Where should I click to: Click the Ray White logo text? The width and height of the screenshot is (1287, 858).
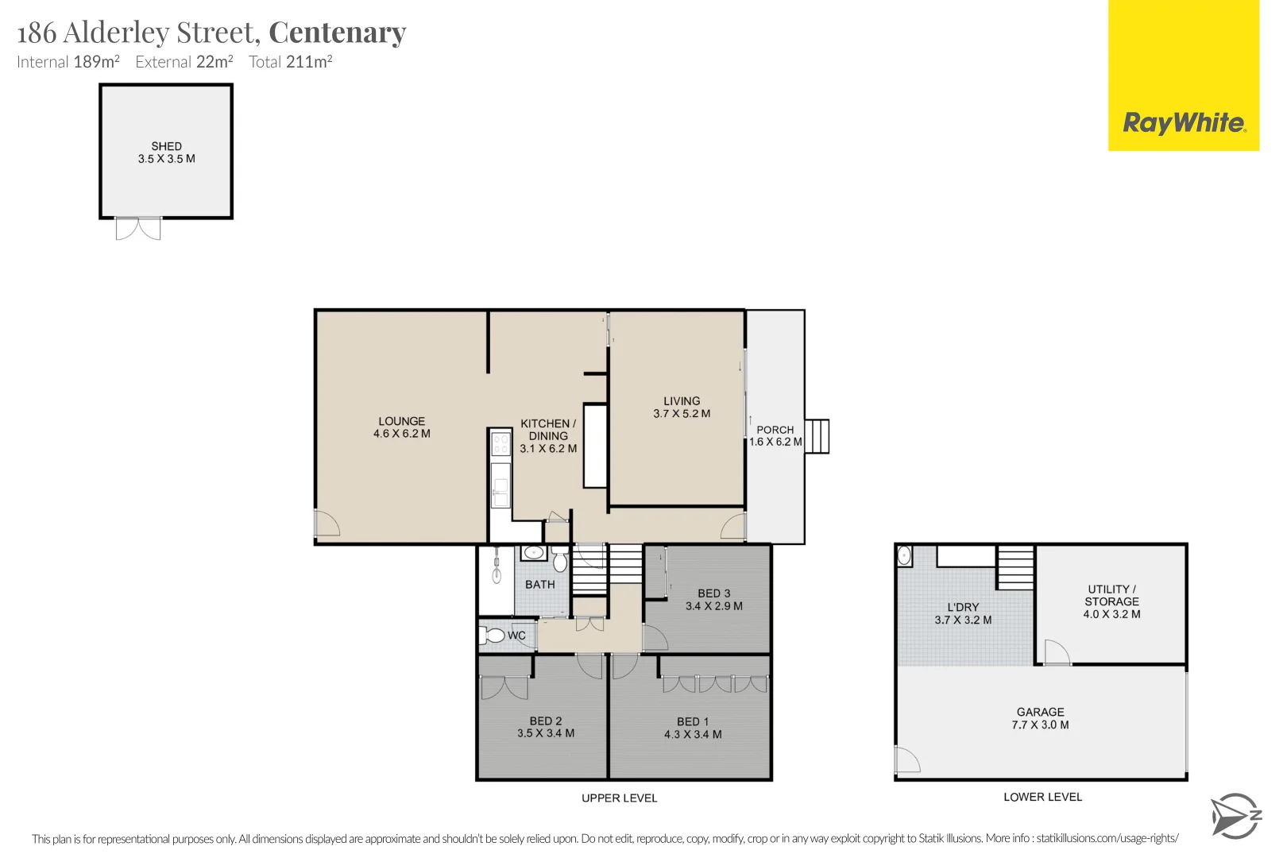pyautogui.click(x=1184, y=123)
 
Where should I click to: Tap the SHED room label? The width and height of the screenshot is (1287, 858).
pyautogui.click(x=166, y=146)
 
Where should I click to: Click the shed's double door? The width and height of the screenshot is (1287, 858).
pyautogui.click(x=138, y=229)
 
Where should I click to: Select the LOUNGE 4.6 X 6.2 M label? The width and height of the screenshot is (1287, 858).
pyautogui.click(x=402, y=427)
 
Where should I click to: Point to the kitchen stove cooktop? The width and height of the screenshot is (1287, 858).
pyautogui.click(x=500, y=443)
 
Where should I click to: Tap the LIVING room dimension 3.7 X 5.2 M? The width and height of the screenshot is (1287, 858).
pyautogui.click(x=682, y=414)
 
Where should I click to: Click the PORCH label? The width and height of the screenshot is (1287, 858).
pyautogui.click(x=775, y=430)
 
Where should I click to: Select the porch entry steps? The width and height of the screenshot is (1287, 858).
pyautogui.click(x=817, y=436)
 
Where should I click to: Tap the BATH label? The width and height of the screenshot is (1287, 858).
pyautogui.click(x=540, y=585)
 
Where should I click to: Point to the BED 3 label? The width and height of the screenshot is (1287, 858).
pyautogui.click(x=713, y=593)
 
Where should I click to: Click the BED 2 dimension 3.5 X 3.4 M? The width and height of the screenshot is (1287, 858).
pyautogui.click(x=546, y=733)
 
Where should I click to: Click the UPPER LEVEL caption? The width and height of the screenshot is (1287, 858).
pyautogui.click(x=619, y=798)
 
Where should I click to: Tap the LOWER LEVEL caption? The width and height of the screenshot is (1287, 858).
pyautogui.click(x=1042, y=797)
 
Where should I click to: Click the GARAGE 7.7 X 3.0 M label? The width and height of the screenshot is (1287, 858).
pyautogui.click(x=1040, y=718)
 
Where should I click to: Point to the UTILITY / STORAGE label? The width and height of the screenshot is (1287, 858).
pyautogui.click(x=1111, y=595)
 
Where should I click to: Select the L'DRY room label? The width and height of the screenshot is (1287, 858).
pyautogui.click(x=963, y=607)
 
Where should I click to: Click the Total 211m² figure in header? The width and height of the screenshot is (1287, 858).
pyautogui.click(x=290, y=62)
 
